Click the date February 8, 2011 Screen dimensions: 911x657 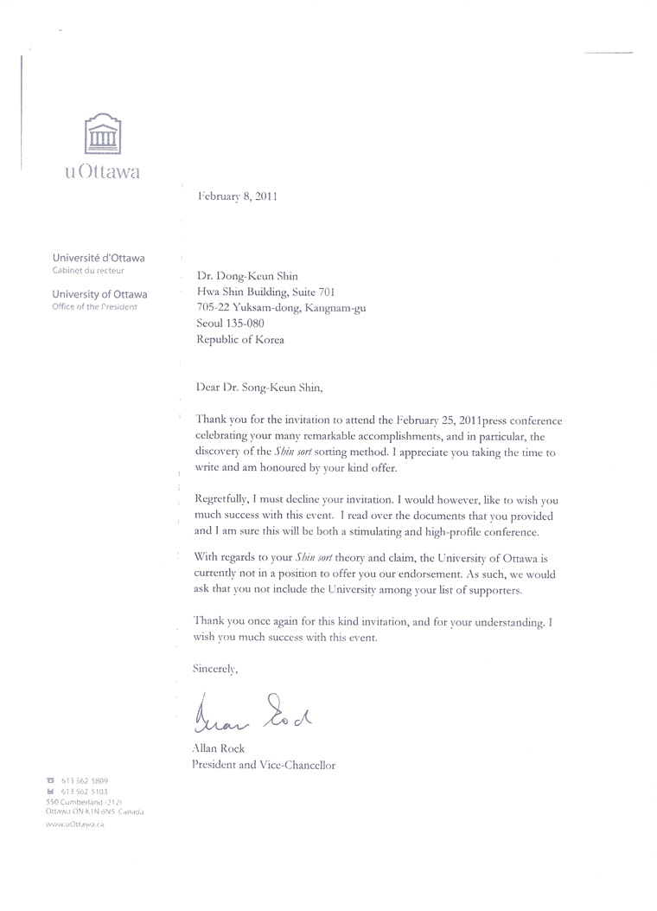point(238,196)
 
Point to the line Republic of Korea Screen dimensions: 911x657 point(240,340)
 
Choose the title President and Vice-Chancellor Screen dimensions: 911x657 point(263,765)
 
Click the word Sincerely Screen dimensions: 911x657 point(217,668)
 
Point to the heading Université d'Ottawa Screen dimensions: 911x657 point(99,258)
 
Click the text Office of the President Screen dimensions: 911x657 point(94,307)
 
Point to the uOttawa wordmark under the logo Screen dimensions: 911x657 point(102,170)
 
